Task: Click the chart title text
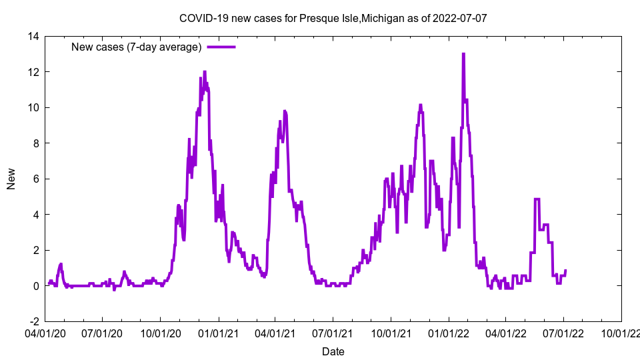(333, 18)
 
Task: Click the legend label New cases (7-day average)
(137, 47)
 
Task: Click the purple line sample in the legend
(221, 47)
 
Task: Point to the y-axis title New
(11, 179)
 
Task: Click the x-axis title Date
(333, 351)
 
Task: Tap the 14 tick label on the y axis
(33, 36)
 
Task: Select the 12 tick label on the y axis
(33, 72)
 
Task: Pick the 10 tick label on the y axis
(33, 107)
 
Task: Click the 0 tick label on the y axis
(35, 285)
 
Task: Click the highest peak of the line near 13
(463, 55)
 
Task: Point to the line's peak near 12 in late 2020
(205, 72)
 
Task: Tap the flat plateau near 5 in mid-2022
(537, 199)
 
